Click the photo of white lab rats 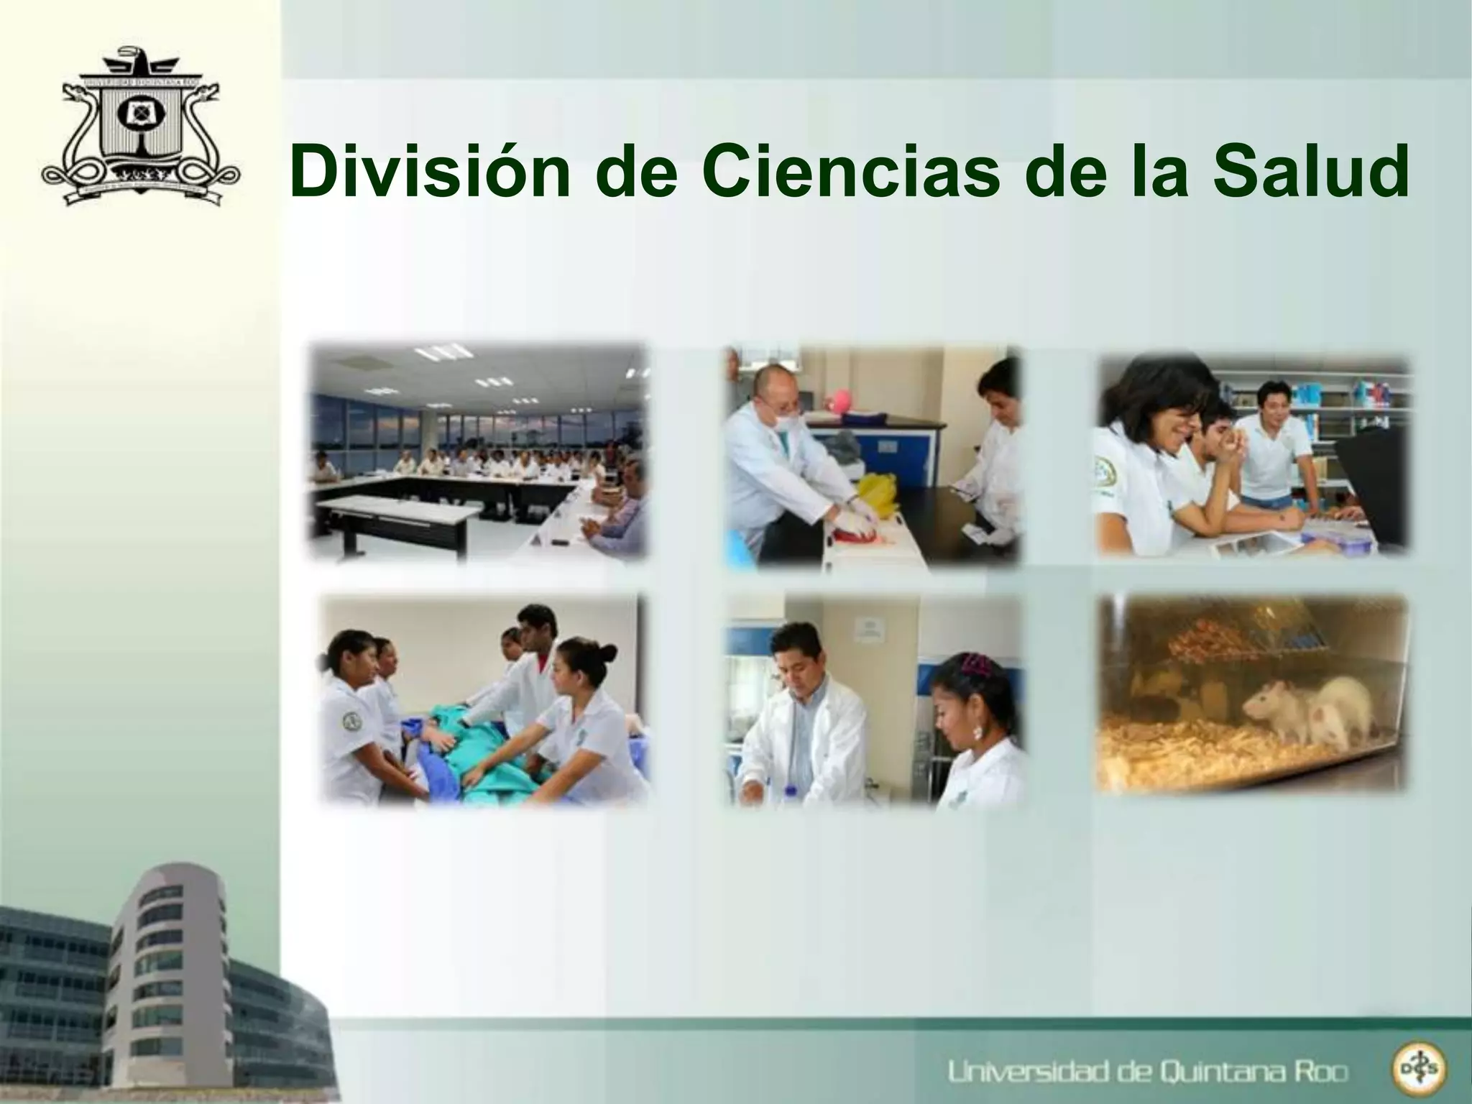tap(1252, 694)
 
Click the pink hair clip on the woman tap(976, 664)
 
